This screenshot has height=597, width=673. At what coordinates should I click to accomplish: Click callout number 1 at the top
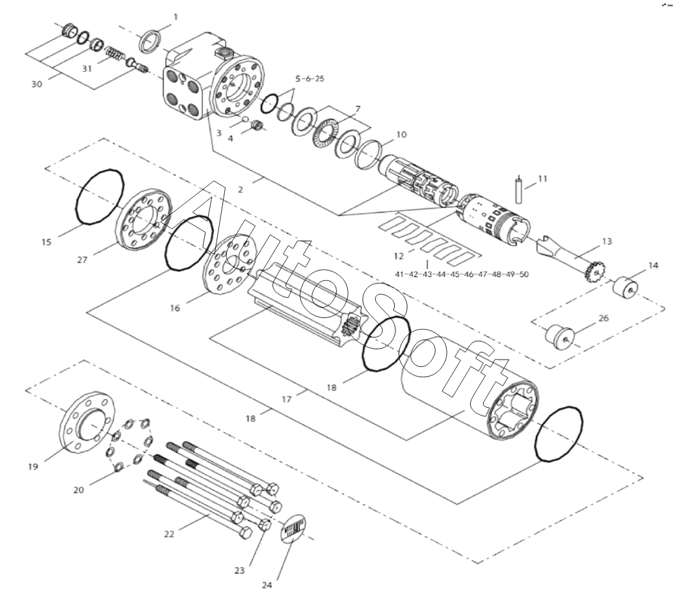pyautogui.click(x=175, y=17)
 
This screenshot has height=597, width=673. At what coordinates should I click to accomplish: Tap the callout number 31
pyautogui.click(x=87, y=69)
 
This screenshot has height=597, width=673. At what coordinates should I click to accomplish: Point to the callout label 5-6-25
pyautogui.click(x=310, y=79)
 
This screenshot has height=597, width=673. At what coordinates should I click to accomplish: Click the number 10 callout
pyautogui.click(x=401, y=135)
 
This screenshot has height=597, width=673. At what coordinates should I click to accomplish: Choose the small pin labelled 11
pyautogui.click(x=518, y=191)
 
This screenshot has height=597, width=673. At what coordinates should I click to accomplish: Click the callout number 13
pyautogui.click(x=607, y=242)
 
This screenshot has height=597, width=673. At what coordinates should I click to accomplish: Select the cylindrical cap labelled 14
pyautogui.click(x=625, y=288)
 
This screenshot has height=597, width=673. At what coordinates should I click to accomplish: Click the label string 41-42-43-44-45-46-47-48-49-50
pyautogui.click(x=462, y=274)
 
